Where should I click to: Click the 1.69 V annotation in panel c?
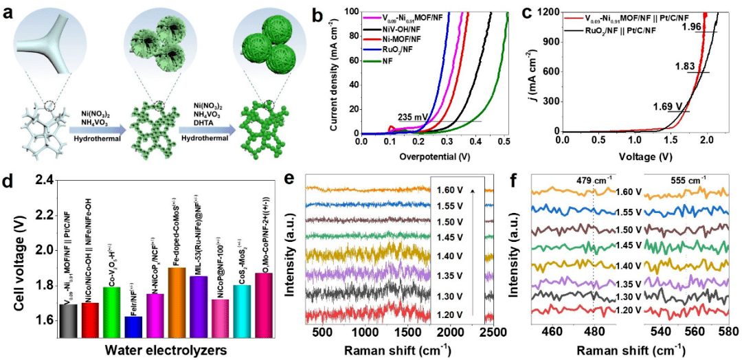[668, 106]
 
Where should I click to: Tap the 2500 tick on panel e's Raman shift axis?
[480, 333]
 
